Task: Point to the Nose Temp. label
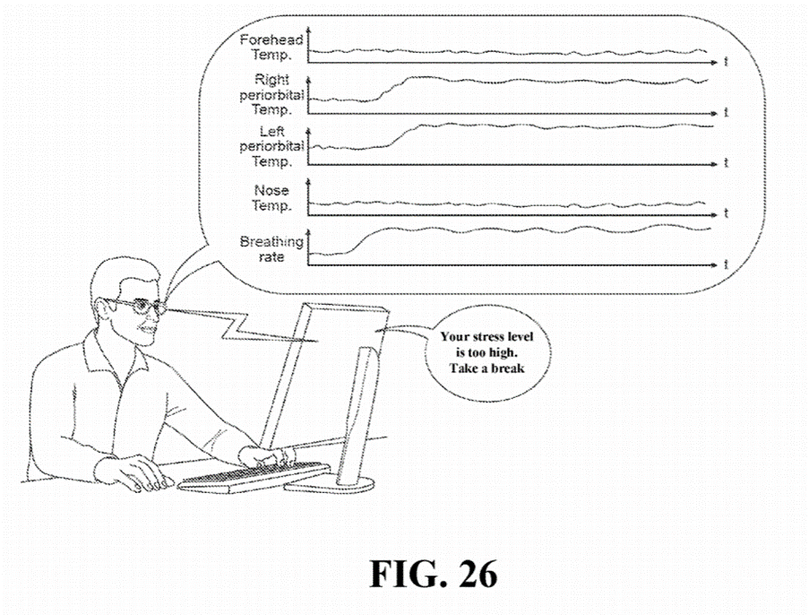click(272, 197)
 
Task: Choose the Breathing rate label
click(271, 249)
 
